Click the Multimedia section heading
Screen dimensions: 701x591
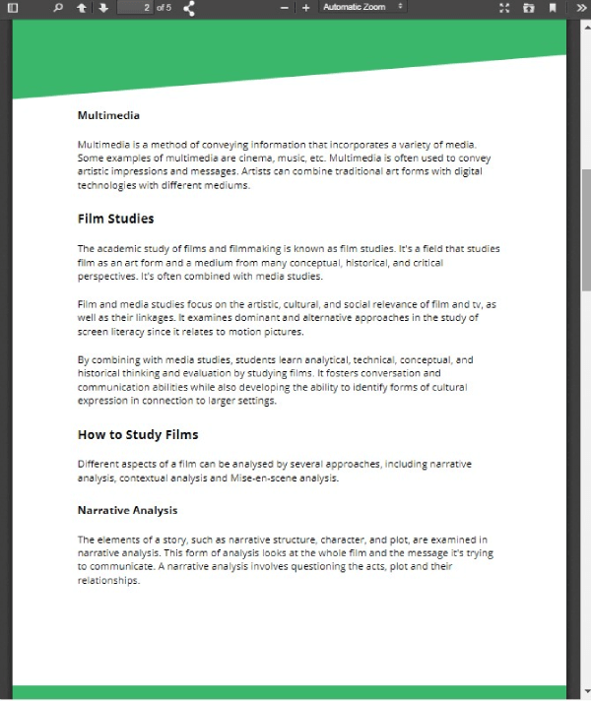point(108,115)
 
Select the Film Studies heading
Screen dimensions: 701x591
point(115,219)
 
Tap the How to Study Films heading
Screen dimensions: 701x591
point(137,434)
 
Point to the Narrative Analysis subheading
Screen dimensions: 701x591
point(127,510)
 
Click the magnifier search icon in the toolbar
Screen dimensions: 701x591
point(57,8)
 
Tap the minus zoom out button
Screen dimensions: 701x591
point(285,8)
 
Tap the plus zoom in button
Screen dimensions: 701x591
point(305,8)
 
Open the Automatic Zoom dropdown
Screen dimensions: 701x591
point(362,8)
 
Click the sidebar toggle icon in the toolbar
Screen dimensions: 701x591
point(13,8)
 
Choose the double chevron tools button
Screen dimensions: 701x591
point(580,8)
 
